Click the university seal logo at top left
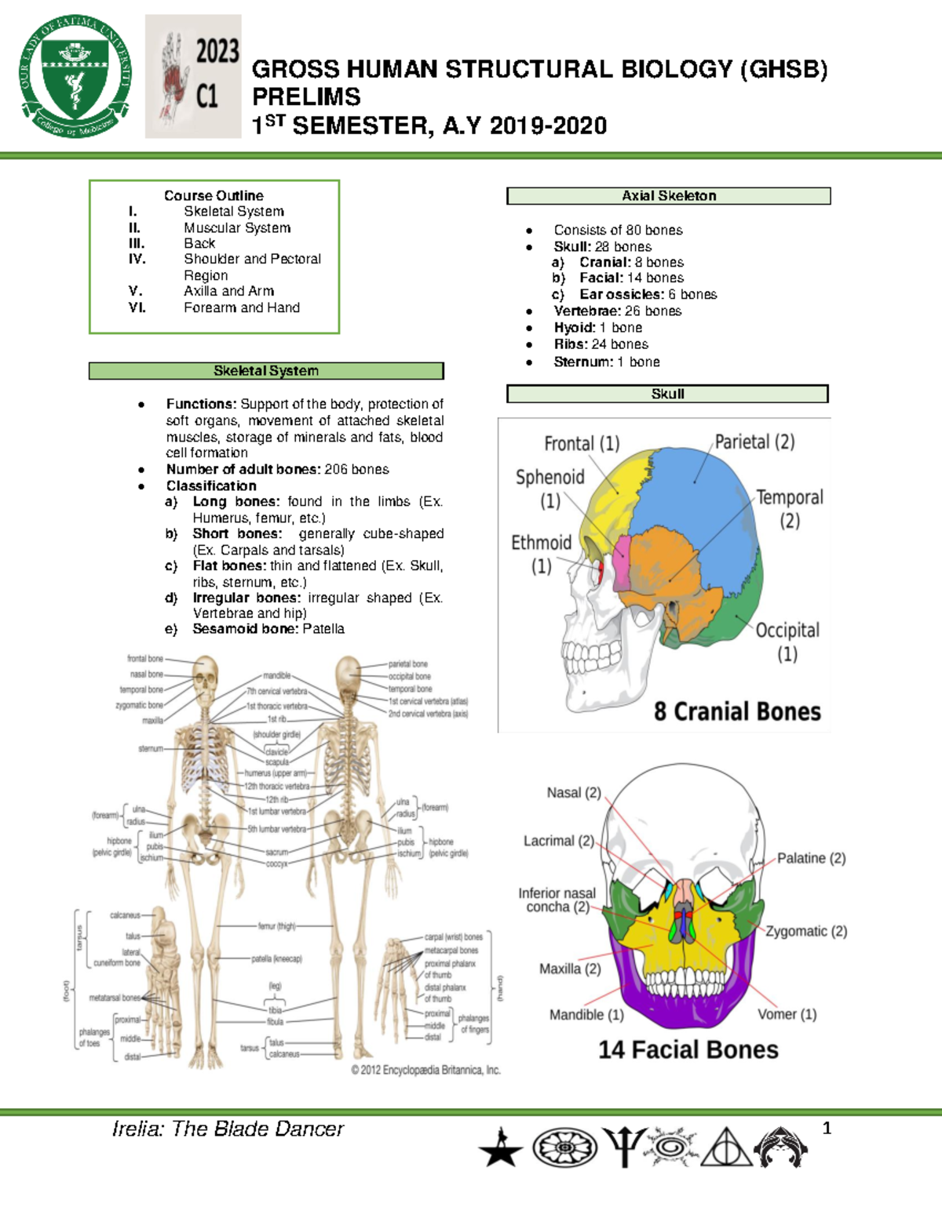(x=75, y=77)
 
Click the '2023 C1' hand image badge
(x=193, y=77)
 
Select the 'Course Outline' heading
(x=214, y=195)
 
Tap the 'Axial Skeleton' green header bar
(x=668, y=196)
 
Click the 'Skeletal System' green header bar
(x=266, y=371)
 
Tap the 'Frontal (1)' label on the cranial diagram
(x=582, y=444)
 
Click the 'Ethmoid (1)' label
(x=541, y=553)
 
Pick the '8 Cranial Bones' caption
(x=737, y=711)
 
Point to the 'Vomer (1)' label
(x=787, y=1014)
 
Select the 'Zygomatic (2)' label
(x=806, y=931)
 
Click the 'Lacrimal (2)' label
(x=558, y=841)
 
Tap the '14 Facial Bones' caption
(x=688, y=1049)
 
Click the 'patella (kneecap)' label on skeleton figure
(x=276, y=958)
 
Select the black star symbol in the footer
(x=500, y=1149)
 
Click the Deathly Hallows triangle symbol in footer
(x=726, y=1147)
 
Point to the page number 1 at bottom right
(x=826, y=1129)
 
